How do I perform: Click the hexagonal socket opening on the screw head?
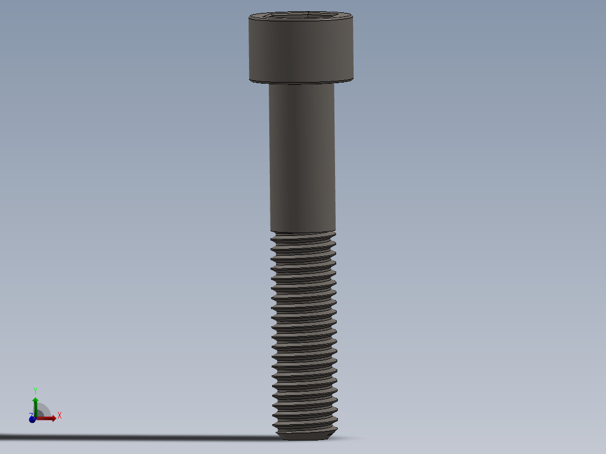click(x=301, y=16)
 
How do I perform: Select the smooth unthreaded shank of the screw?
click(x=302, y=157)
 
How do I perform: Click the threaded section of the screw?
click(x=304, y=332)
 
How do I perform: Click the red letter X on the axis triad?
click(x=60, y=416)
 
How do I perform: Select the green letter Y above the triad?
click(x=35, y=390)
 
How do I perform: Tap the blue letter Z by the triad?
click(x=30, y=415)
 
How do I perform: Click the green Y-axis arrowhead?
click(x=35, y=400)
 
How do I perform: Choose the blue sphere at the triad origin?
click(x=33, y=419)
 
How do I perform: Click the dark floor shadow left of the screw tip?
click(x=169, y=437)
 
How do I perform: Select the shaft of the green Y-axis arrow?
click(x=35, y=409)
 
